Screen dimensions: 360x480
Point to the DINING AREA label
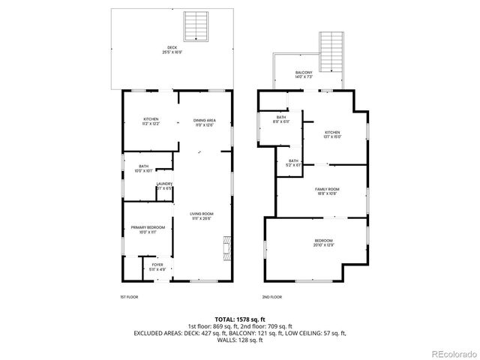point(204,121)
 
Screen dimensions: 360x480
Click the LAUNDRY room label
point(163,186)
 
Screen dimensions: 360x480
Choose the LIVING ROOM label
point(201,216)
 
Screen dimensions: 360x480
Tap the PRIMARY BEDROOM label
point(146,229)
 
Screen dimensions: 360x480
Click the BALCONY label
point(304,74)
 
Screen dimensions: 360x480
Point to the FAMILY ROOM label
point(326,191)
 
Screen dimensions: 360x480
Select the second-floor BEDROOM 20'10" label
point(324,244)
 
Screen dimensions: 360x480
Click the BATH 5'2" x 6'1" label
point(294,163)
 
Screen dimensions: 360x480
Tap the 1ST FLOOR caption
point(128,297)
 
